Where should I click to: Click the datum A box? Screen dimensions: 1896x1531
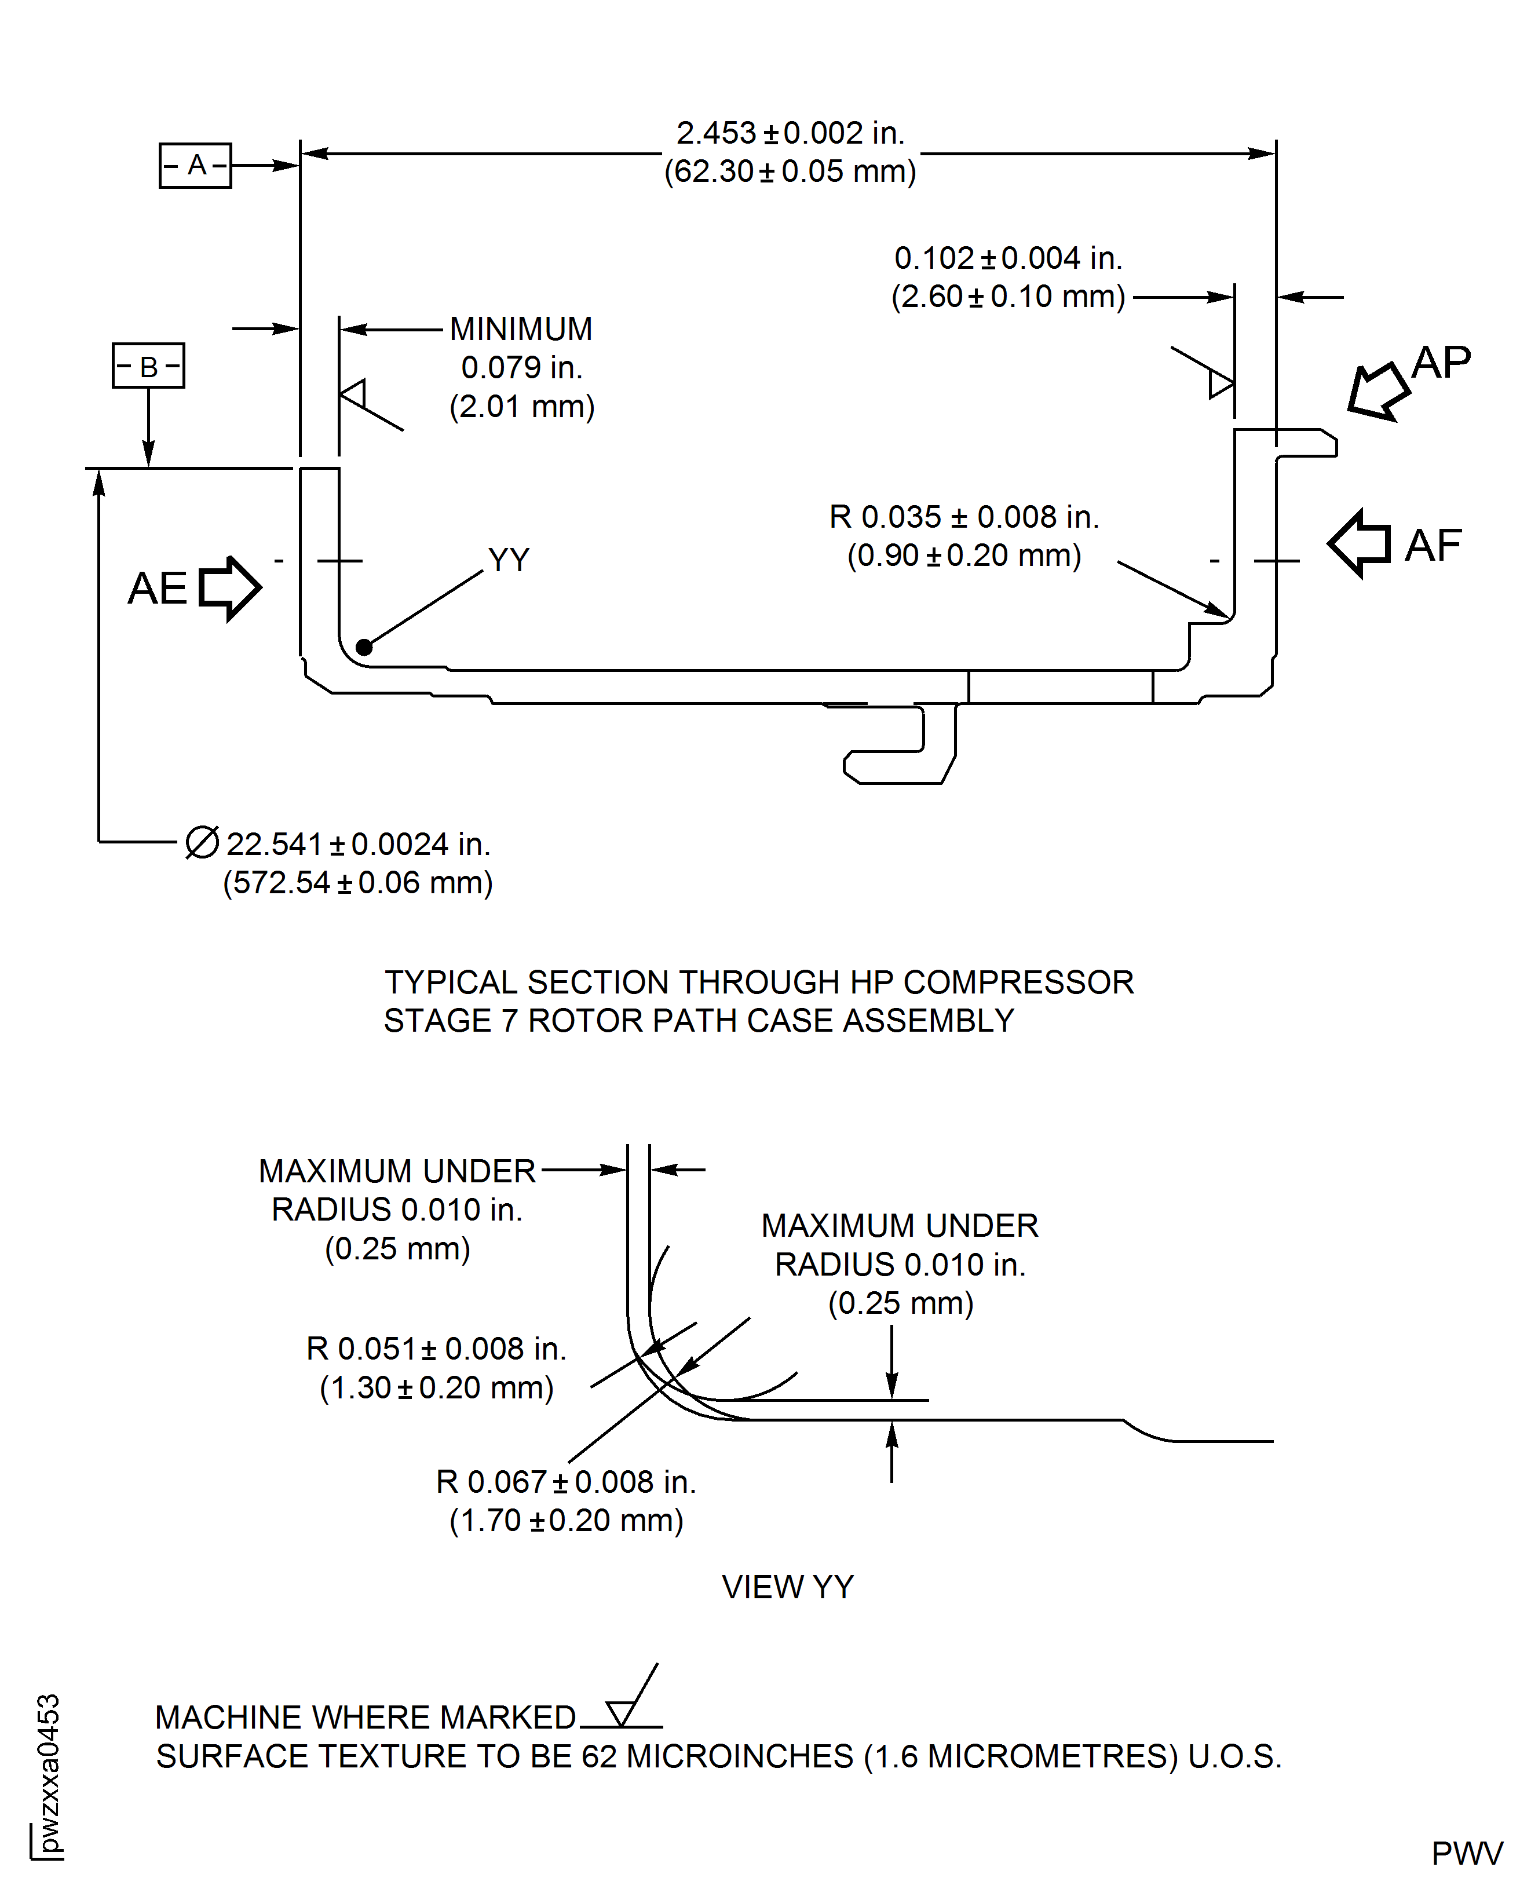[195, 165]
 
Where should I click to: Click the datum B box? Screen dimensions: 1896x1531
[148, 365]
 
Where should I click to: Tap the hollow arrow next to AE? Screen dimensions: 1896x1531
[230, 588]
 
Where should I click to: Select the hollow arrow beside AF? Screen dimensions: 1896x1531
[1359, 544]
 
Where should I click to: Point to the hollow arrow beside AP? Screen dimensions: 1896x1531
[1377, 390]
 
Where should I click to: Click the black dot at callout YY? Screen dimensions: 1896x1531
[363, 647]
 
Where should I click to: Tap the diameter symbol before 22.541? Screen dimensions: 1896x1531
[202, 842]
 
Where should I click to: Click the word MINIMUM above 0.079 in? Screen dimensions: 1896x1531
[521, 329]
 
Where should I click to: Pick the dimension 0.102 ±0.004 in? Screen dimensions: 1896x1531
[1008, 258]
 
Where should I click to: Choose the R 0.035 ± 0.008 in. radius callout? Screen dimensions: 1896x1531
[964, 517]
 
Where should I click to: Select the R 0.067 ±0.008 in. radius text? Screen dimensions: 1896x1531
[566, 1482]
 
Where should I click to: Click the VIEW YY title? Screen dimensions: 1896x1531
[788, 1587]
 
